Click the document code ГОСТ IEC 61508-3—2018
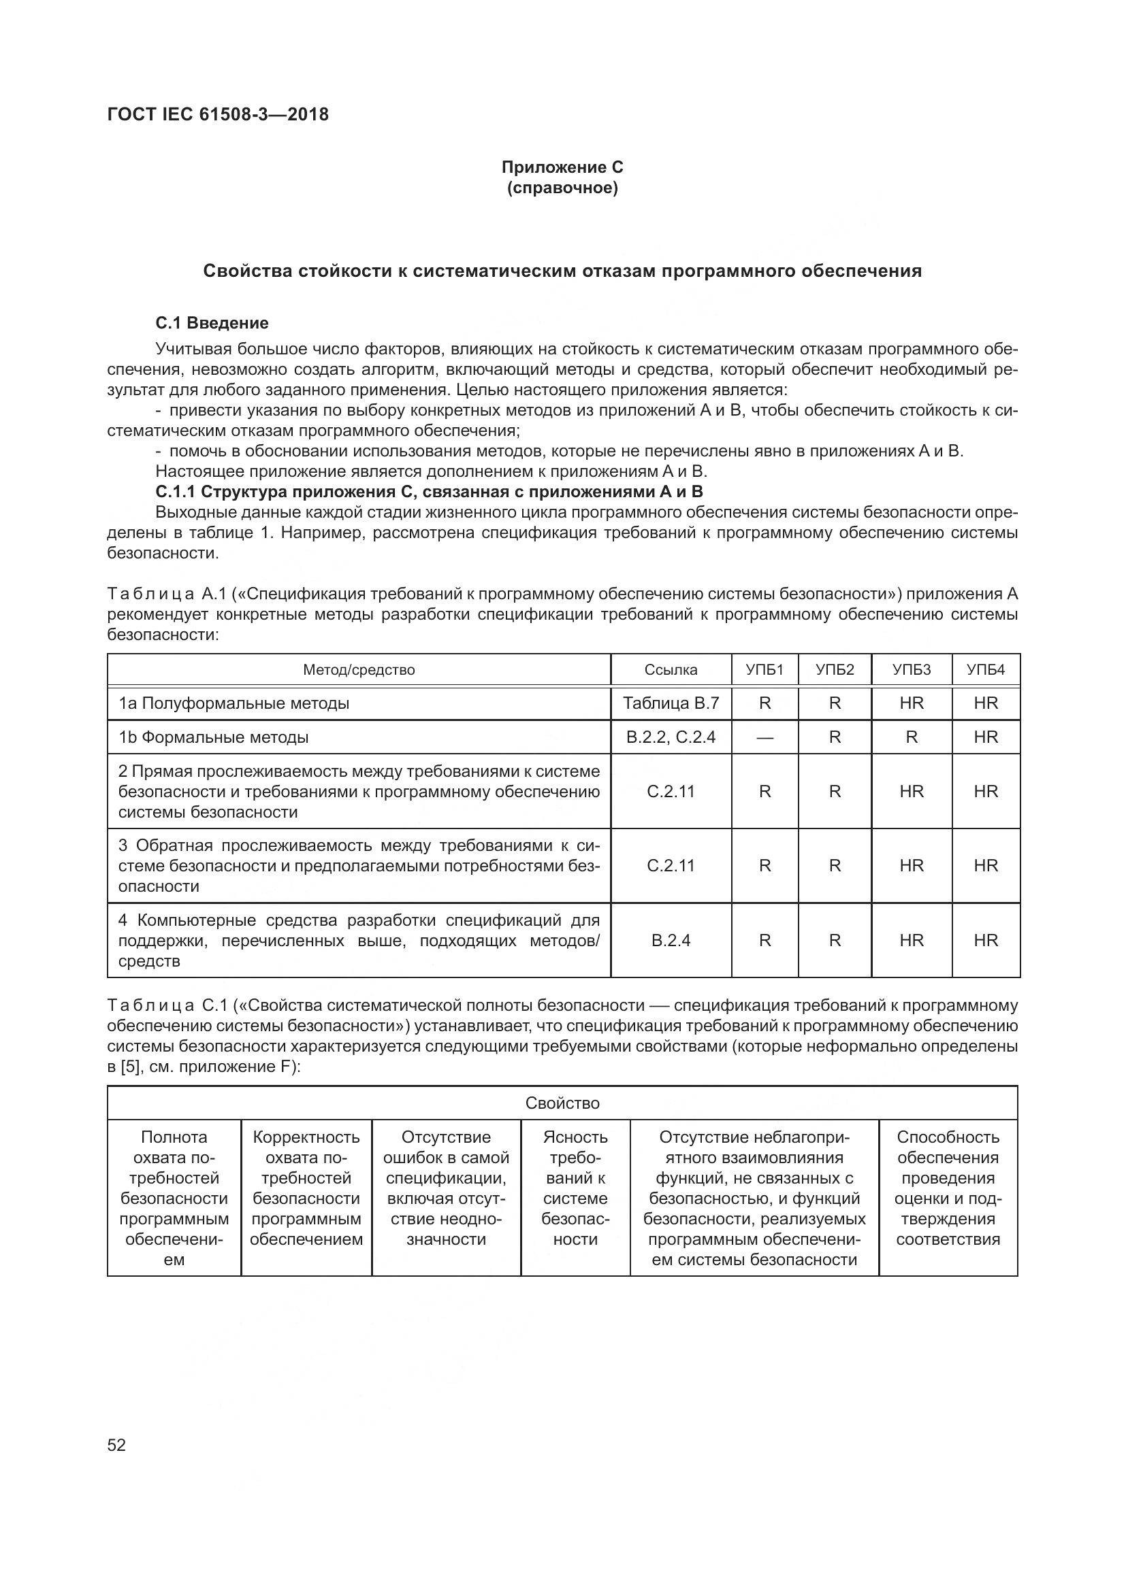(x=218, y=114)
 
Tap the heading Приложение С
(x=562, y=167)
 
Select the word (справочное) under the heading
(x=562, y=188)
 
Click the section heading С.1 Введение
(x=212, y=323)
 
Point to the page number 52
(x=116, y=1445)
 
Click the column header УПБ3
(x=911, y=669)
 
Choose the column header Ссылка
(x=671, y=669)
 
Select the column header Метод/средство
(x=359, y=669)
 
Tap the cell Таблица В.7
(x=671, y=703)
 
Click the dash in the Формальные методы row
(x=764, y=737)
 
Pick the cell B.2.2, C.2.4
(x=671, y=737)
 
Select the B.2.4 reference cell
(x=671, y=940)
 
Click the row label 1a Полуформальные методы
(x=234, y=703)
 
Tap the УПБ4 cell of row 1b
(x=985, y=737)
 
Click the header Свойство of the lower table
(x=562, y=1103)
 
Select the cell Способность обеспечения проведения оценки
(x=948, y=1188)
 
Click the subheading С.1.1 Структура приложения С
(x=428, y=492)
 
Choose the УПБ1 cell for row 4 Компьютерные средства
(x=764, y=940)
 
